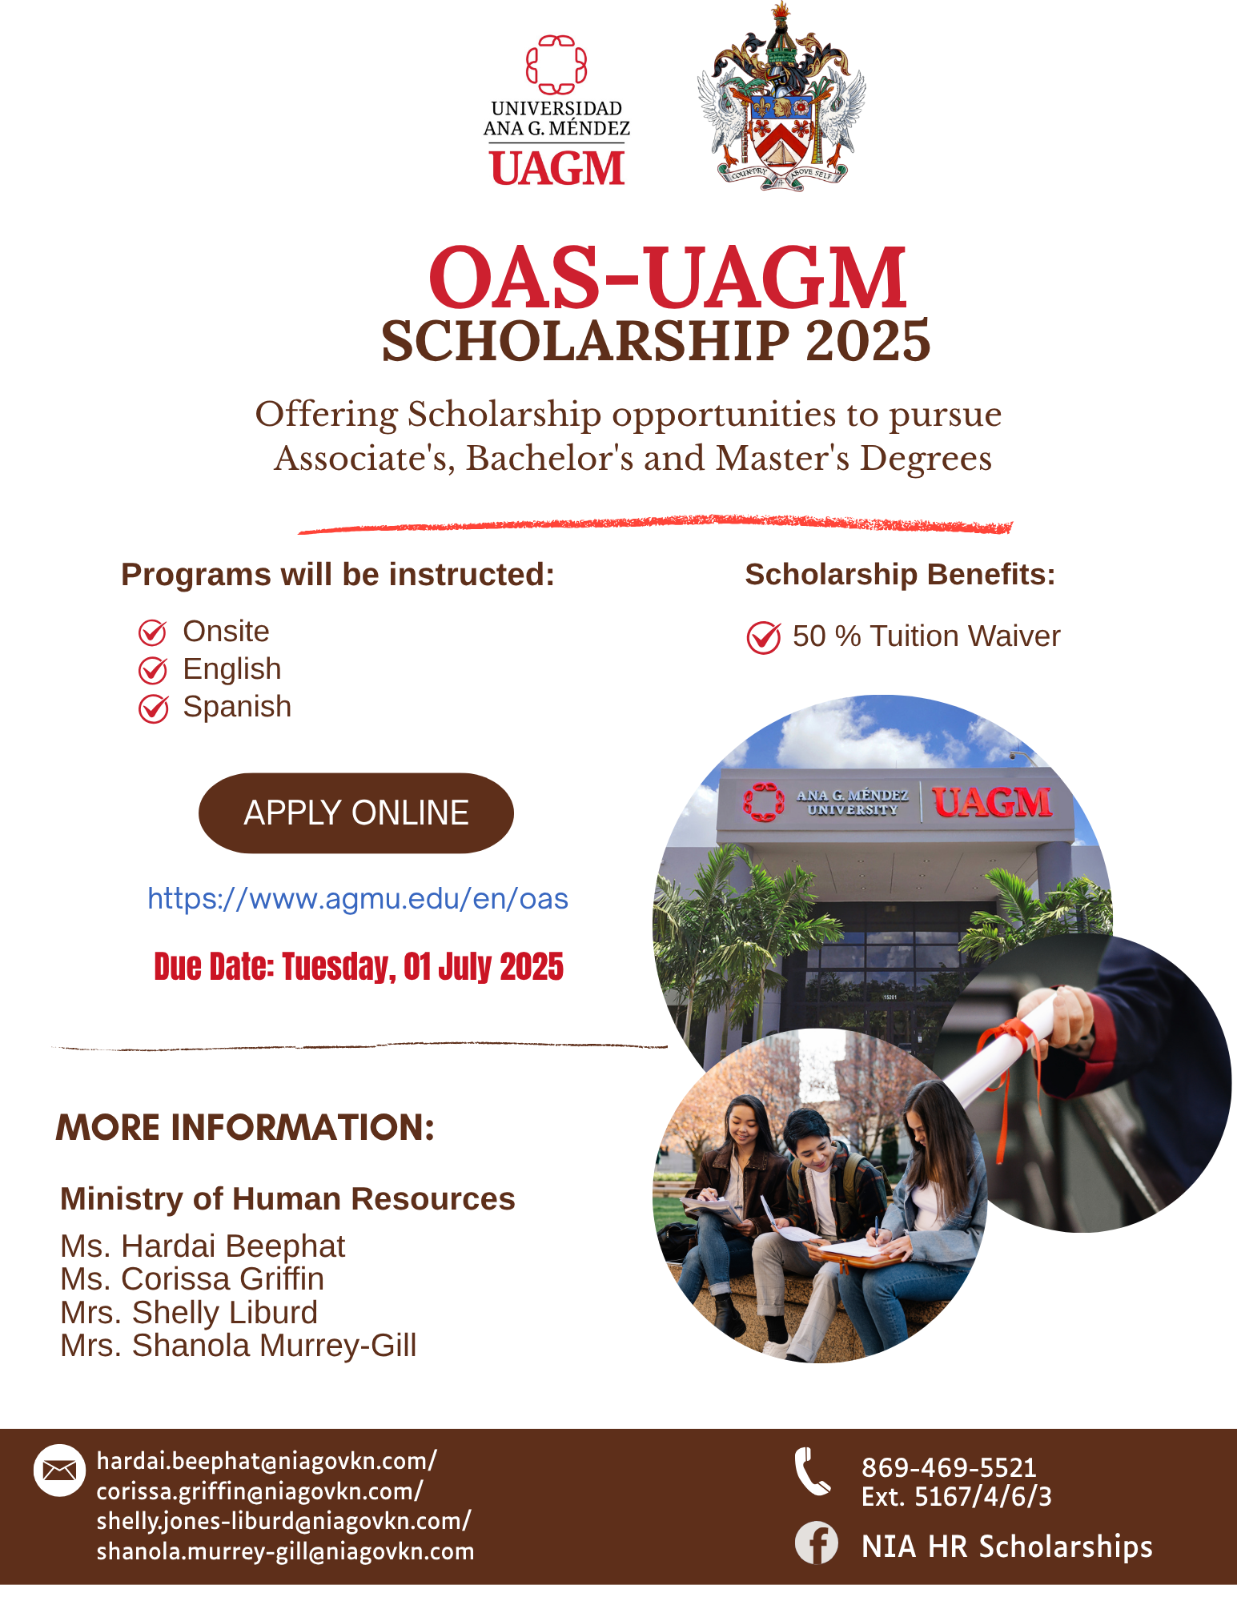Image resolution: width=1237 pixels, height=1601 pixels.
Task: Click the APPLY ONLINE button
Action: tap(356, 813)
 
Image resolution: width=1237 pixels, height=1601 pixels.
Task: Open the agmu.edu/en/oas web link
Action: tap(358, 899)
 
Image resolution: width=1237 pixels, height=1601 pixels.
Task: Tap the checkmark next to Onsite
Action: tap(153, 632)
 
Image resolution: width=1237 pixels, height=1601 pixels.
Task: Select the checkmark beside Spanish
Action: tap(153, 708)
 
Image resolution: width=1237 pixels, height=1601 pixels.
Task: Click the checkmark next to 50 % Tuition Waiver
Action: tap(764, 637)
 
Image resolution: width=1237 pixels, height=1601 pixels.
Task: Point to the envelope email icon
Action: tap(59, 1470)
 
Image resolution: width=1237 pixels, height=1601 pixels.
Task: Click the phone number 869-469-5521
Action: tap(949, 1467)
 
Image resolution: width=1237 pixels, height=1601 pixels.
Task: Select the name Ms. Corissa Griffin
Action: tap(192, 1279)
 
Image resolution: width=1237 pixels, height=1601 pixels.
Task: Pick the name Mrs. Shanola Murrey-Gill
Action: tap(239, 1346)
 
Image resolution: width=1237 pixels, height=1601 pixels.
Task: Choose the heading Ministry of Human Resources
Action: tap(287, 1199)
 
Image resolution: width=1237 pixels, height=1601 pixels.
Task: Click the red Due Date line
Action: tap(359, 967)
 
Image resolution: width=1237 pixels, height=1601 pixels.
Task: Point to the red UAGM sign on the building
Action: tap(991, 802)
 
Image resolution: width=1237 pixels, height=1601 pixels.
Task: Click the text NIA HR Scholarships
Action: tap(1007, 1547)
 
